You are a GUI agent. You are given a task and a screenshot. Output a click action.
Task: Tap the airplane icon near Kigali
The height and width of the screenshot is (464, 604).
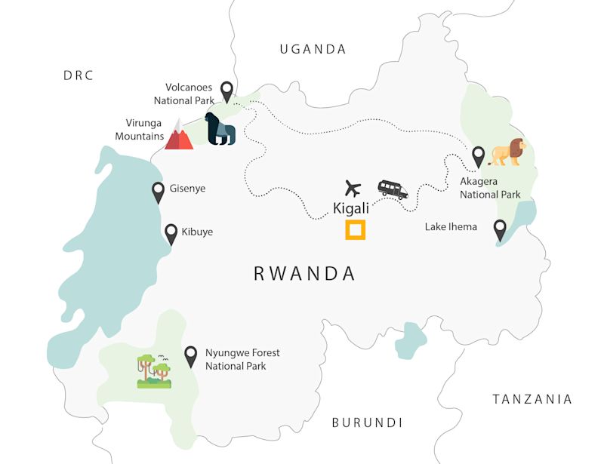pyautogui.click(x=353, y=188)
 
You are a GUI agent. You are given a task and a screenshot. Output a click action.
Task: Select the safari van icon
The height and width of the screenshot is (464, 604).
pyautogui.click(x=393, y=189)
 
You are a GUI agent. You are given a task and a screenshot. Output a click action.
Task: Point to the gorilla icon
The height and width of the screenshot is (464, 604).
pyautogui.click(x=220, y=129)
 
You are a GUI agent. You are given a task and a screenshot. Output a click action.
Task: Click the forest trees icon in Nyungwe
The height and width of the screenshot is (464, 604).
pyautogui.click(x=154, y=370)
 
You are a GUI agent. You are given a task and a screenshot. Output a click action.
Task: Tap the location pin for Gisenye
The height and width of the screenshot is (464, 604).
pyautogui.click(x=159, y=192)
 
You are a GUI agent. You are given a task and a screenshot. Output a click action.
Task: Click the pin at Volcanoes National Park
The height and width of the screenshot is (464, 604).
pyautogui.click(x=226, y=92)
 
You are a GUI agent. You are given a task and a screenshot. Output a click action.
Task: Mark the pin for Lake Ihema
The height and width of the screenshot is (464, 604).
pyautogui.click(x=499, y=229)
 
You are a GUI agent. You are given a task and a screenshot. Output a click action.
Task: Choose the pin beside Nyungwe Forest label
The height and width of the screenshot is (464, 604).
pyautogui.click(x=191, y=355)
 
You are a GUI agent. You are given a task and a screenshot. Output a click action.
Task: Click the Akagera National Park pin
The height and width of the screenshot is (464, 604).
pyautogui.click(x=478, y=156)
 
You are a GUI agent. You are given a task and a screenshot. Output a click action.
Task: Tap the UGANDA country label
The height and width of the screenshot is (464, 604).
pyautogui.click(x=313, y=49)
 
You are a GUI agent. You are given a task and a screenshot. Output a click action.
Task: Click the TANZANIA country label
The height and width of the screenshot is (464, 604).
pyautogui.click(x=532, y=399)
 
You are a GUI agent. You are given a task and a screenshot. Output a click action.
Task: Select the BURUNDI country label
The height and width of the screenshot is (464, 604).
pyautogui.click(x=367, y=423)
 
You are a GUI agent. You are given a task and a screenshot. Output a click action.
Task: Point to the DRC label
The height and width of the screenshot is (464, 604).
pyautogui.click(x=79, y=75)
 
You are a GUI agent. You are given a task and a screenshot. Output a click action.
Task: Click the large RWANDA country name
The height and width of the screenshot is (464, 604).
pyautogui.click(x=304, y=273)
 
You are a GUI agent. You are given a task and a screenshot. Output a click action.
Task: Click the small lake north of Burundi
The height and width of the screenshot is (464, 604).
pyautogui.click(x=411, y=340)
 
